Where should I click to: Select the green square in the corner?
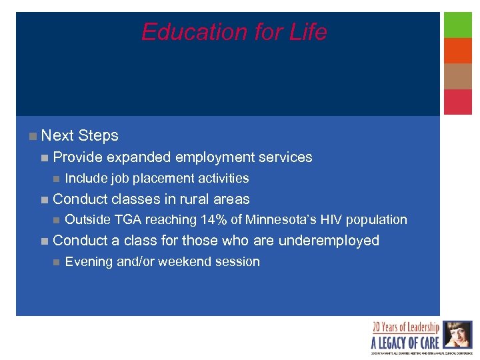[458, 25]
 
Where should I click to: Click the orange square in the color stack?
[458, 51]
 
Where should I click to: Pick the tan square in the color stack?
[458, 76]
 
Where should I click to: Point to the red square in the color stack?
[458, 102]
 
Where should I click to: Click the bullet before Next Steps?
[33, 136]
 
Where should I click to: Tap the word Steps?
[98, 136]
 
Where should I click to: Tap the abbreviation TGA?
[127, 220]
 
